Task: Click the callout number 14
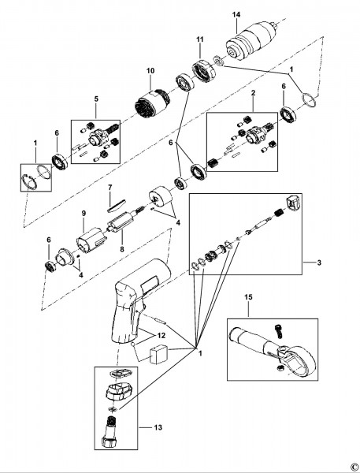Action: pyautogui.click(x=236, y=14)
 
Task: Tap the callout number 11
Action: pyautogui.click(x=200, y=39)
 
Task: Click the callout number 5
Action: pyautogui.click(x=96, y=99)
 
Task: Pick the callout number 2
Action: pyautogui.click(x=253, y=92)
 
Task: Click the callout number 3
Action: pyautogui.click(x=319, y=263)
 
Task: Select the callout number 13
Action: pyautogui.click(x=158, y=427)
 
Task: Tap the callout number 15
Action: pyautogui.click(x=248, y=297)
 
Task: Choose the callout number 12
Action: pyautogui.click(x=161, y=336)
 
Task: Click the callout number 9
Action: pyautogui.click(x=84, y=214)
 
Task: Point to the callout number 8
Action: pyautogui.click(x=122, y=249)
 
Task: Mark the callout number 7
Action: pyautogui.click(x=109, y=188)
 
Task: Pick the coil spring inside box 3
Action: pyautogui.click(x=280, y=214)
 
